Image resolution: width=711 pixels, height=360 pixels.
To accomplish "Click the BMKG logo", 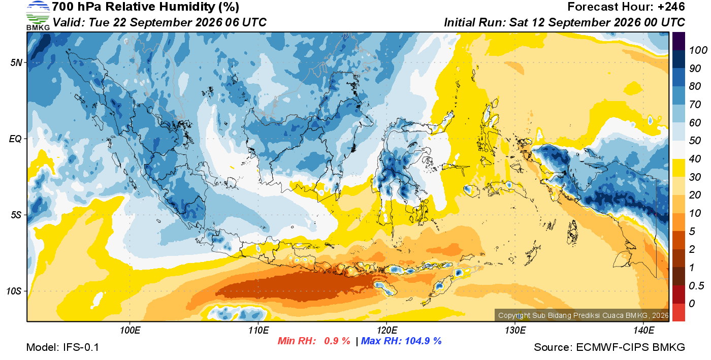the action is (x=38, y=16).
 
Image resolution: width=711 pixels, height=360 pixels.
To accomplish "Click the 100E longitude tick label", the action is (x=130, y=331).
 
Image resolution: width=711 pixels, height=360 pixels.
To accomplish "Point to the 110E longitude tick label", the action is (x=258, y=331).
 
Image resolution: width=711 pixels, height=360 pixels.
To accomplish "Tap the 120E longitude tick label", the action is (x=387, y=331).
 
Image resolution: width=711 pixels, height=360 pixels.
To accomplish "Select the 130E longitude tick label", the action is (x=515, y=331).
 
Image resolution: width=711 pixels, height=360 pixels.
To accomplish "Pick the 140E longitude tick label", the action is (x=644, y=331).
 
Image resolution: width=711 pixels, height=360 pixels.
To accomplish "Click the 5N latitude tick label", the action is (x=16, y=62).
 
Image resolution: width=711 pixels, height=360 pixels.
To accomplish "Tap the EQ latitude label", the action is (x=16, y=139).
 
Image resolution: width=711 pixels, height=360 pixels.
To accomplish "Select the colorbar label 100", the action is (x=698, y=50).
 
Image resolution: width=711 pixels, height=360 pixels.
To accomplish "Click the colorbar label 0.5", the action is (x=696, y=286).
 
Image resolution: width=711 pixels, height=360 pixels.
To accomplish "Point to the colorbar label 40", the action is (x=695, y=159).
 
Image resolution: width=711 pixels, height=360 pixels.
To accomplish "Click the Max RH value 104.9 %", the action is (x=424, y=341).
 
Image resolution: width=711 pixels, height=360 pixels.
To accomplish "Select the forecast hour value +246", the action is (x=671, y=7).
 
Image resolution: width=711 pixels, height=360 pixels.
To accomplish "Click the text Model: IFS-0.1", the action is (x=62, y=347).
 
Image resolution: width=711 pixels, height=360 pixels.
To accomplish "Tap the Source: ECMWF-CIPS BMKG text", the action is (x=609, y=347).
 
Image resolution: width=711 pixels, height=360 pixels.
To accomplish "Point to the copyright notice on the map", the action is (x=583, y=315).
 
